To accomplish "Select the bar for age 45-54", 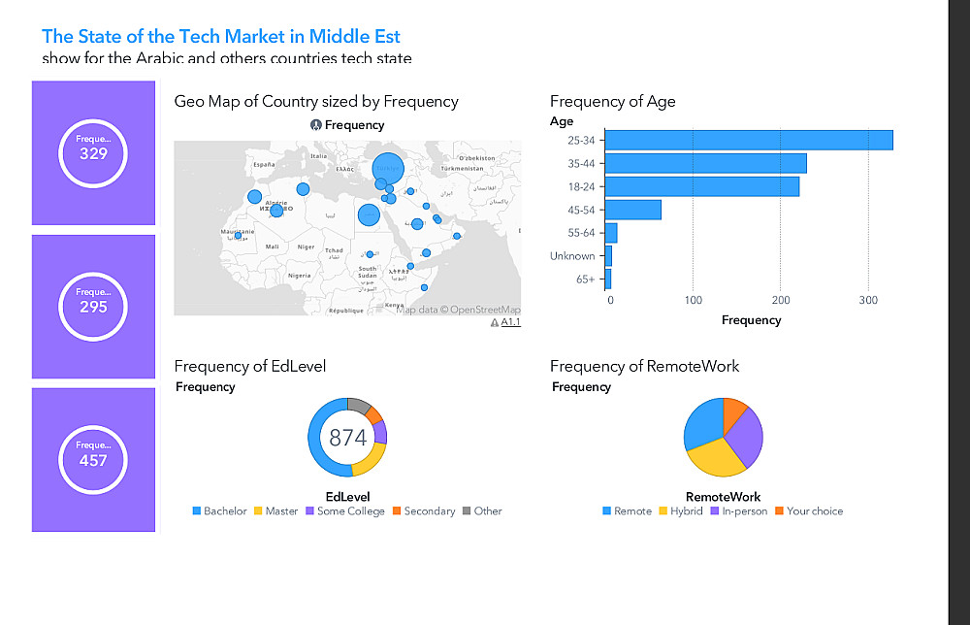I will pyautogui.click(x=634, y=210).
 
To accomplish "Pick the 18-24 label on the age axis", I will pyautogui.click(x=581, y=186).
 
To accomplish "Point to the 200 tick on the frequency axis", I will pyautogui.click(x=780, y=300).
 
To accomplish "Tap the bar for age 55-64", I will pyautogui.click(x=612, y=233).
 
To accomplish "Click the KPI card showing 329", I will pyautogui.click(x=93, y=152).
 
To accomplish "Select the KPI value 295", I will pyautogui.click(x=93, y=307).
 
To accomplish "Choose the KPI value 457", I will pyautogui.click(x=93, y=460).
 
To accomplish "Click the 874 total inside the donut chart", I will pyautogui.click(x=347, y=438).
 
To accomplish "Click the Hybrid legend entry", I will pyautogui.click(x=686, y=510).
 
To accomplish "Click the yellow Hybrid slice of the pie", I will pyautogui.click(x=718, y=457).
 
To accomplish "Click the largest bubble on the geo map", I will pyautogui.click(x=388, y=168).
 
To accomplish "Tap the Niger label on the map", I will pyautogui.click(x=306, y=247).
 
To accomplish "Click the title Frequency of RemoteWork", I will pyautogui.click(x=644, y=366).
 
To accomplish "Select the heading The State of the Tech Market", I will pyautogui.click(x=221, y=37).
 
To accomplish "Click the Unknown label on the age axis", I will pyautogui.click(x=572, y=256).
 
